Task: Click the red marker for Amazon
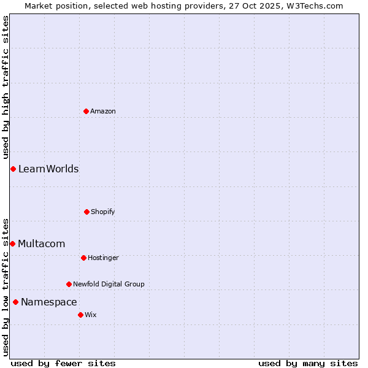[86, 111]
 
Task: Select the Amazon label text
[103, 111]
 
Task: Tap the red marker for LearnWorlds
[13, 169]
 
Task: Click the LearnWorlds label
[48, 169]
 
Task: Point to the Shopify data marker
[86, 212]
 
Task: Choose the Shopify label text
[103, 212]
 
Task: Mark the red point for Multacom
[12, 243]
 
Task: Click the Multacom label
[41, 244]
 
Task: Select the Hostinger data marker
[83, 258]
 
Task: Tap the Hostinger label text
[103, 258]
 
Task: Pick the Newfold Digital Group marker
[69, 284]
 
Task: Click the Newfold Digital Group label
[109, 284]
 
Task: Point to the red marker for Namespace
[15, 302]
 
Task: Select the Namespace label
[49, 302]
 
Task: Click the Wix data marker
[80, 315]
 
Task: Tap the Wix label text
[91, 315]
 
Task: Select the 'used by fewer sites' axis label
[63, 364]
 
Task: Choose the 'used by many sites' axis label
[308, 364]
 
